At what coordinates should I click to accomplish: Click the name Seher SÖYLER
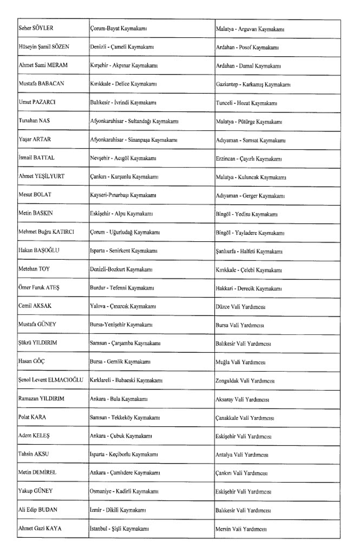coord(36,29)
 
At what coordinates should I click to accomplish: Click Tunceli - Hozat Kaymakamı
coord(246,103)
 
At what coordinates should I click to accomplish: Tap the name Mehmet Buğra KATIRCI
coord(46,232)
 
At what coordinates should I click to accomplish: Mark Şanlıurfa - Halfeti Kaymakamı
coord(249,251)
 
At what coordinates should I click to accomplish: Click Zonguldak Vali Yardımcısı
coord(245,381)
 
